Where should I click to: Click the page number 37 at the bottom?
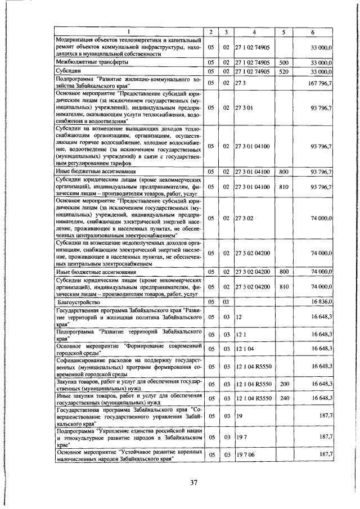[x=193, y=482]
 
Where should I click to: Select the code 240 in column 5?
[x=283, y=398]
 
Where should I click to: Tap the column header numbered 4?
[x=254, y=32]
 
